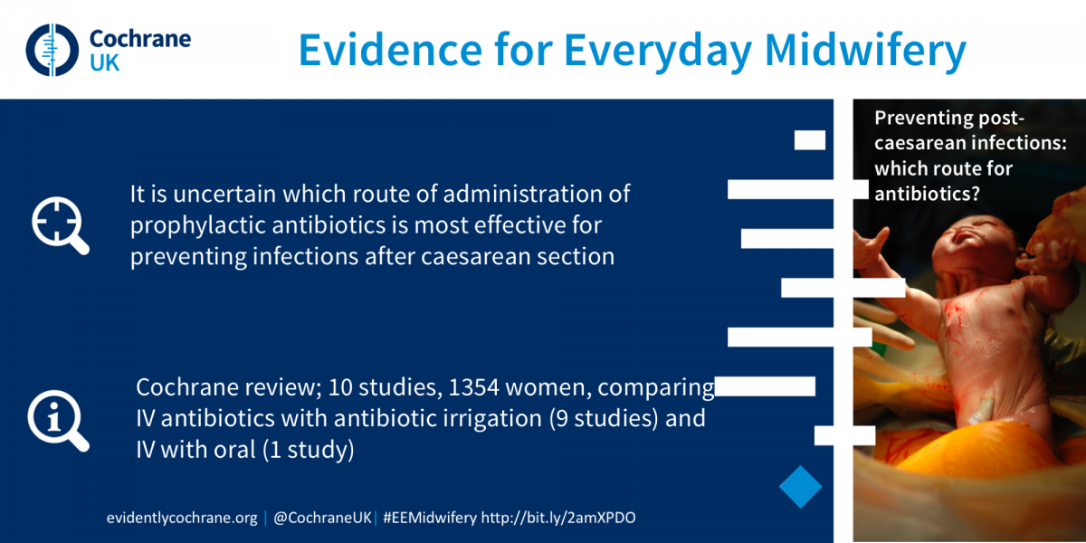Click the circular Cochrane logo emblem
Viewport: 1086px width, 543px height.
[52, 50]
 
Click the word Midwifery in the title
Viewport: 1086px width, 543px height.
[865, 52]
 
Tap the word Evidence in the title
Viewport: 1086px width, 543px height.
[390, 51]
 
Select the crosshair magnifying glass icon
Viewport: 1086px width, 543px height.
[60, 225]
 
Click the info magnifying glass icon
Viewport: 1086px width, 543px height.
[58, 421]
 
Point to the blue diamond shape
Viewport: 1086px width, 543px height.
[800, 487]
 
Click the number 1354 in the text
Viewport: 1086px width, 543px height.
[473, 387]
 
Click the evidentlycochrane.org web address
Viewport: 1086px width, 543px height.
[182, 518]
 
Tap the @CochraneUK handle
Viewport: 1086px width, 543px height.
[322, 518]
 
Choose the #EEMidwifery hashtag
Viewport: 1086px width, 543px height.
[430, 518]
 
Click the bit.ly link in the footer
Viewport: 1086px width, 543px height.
[558, 518]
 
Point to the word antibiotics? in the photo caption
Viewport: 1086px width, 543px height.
[927, 194]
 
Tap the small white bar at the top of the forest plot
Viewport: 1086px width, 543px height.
[810, 140]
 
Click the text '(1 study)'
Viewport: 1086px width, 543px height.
[309, 450]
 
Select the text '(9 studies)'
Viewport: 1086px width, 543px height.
[604, 418]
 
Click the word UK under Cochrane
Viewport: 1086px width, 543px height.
[104, 63]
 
